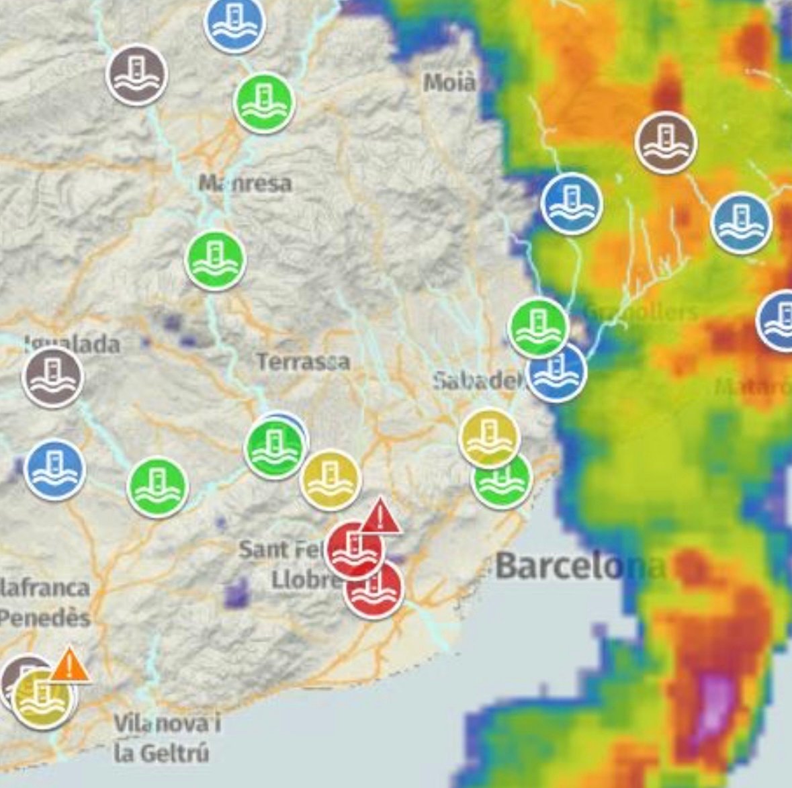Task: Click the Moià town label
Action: tap(449, 83)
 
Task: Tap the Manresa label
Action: tap(245, 183)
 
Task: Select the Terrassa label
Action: tap(303, 362)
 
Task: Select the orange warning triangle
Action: tap(69, 665)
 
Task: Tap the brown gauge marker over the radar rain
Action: tap(666, 142)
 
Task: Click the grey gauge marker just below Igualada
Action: tap(53, 377)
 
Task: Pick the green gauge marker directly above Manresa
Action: tap(264, 102)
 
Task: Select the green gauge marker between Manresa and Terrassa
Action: tap(215, 261)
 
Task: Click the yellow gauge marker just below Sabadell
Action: tap(489, 438)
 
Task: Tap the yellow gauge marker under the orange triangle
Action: tap(42, 698)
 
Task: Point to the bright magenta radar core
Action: tap(714, 705)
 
